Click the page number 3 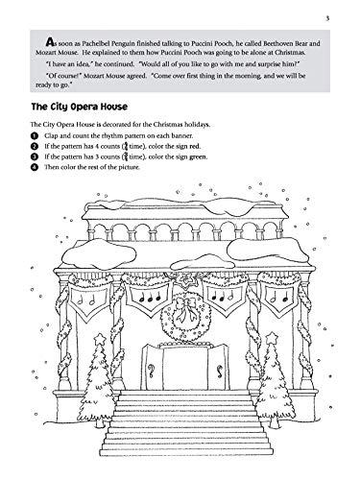point(327,18)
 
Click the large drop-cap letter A point(50,41)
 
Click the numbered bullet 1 point(35,135)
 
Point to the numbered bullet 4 point(35,167)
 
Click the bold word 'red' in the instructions point(194,146)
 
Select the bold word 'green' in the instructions point(198,156)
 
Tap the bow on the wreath point(185,307)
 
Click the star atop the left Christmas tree point(100,338)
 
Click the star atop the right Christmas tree point(272,337)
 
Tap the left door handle point(151,371)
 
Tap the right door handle point(220,371)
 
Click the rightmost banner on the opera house point(280,300)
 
